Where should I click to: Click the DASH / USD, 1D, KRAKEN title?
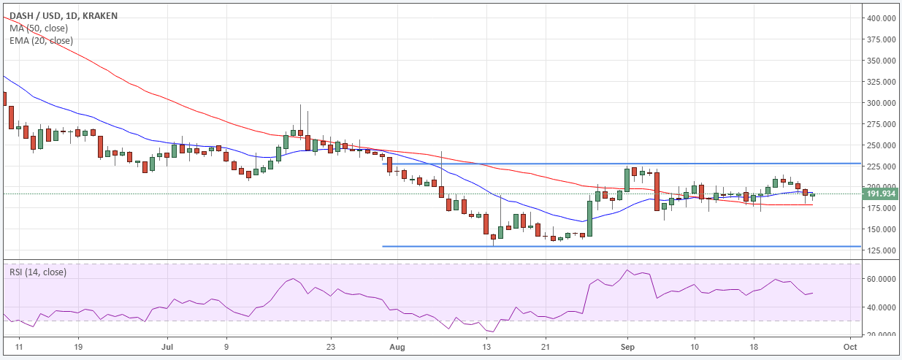pos(64,16)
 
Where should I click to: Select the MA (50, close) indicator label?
pos(39,28)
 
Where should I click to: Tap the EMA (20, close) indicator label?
pos(41,41)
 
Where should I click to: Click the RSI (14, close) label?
pos(38,272)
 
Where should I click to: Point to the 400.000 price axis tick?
pos(882,18)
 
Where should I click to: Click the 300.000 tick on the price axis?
pos(882,103)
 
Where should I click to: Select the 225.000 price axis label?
pos(882,166)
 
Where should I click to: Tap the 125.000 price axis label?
pos(882,250)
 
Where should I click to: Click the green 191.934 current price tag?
pos(880,194)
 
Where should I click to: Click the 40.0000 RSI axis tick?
pos(882,307)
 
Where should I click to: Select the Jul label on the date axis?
pos(167,347)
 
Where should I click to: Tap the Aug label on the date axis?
pos(397,347)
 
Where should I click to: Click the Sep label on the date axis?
pos(627,347)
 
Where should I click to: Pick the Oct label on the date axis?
pos(850,347)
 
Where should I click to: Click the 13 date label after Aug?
pos(486,347)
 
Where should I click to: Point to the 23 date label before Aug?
pos(331,347)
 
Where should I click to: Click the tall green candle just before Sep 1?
pos(627,180)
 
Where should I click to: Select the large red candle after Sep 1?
pos(657,191)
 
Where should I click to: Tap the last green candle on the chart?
pos(813,195)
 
